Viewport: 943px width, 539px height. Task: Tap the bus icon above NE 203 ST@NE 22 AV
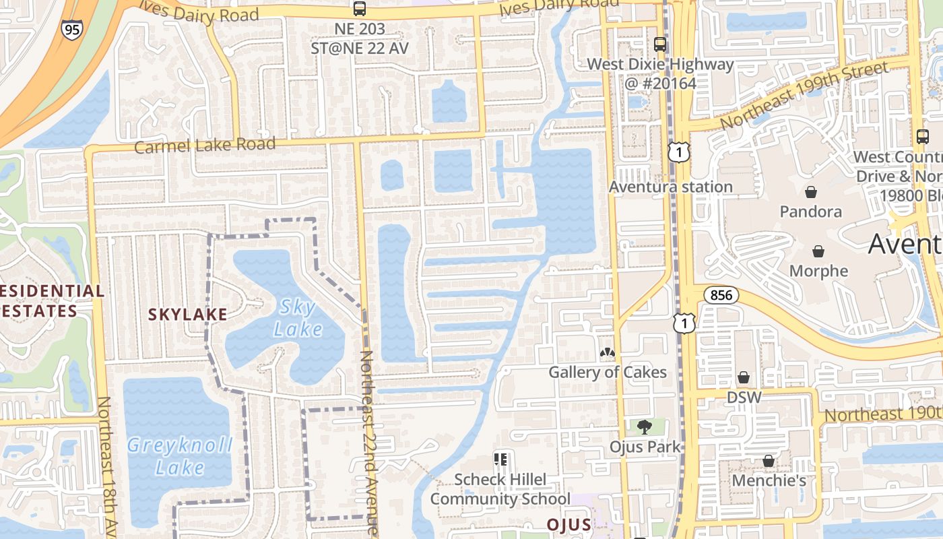click(x=360, y=9)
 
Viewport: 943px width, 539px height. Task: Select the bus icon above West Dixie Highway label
click(x=660, y=44)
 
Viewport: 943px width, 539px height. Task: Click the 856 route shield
click(x=721, y=295)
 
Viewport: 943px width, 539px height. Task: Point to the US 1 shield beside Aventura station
click(x=679, y=152)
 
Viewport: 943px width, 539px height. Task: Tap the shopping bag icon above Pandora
click(x=811, y=191)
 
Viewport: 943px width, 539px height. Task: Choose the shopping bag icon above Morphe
click(x=818, y=251)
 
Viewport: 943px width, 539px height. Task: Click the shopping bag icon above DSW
click(x=744, y=377)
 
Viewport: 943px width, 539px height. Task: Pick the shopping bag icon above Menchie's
click(x=769, y=461)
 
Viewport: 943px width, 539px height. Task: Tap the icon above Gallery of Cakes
click(x=608, y=352)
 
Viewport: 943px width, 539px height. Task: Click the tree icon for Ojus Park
click(x=645, y=426)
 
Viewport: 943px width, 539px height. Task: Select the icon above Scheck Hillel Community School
click(x=500, y=459)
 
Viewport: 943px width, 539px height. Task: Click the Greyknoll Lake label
click(x=180, y=456)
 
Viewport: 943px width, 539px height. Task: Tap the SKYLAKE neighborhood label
click(x=187, y=314)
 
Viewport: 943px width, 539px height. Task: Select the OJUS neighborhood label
click(x=568, y=525)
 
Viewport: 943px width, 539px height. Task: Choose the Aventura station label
click(x=671, y=187)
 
